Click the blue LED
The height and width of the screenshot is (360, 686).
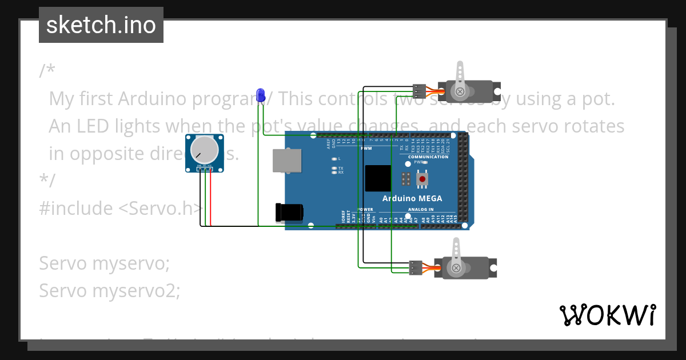(x=261, y=95)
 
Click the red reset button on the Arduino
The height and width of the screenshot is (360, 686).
(x=422, y=179)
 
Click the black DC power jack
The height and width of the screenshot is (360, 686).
(x=289, y=212)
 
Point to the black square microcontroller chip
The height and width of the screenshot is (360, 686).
(x=378, y=178)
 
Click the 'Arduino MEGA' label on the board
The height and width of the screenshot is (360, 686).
(x=412, y=199)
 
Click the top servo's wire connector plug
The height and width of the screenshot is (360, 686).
(x=419, y=91)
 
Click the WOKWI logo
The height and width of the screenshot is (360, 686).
(x=608, y=315)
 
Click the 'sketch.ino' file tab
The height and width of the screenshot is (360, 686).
(x=101, y=25)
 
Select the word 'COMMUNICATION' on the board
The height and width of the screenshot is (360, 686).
(x=428, y=157)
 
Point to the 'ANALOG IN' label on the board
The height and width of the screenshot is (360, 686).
(x=421, y=210)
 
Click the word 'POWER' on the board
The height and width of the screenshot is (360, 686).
(x=365, y=210)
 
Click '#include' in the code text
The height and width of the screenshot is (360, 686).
(x=76, y=208)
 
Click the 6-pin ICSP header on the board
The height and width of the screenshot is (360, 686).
(x=405, y=179)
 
